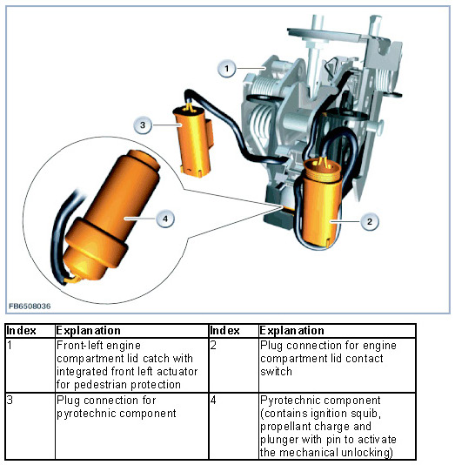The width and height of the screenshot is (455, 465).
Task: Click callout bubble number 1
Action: [227, 69]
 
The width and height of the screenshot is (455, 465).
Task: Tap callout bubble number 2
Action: [370, 221]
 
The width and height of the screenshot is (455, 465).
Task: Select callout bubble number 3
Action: [143, 125]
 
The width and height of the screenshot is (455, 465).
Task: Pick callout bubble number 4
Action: [165, 219]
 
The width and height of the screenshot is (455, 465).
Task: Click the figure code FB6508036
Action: [30, 306]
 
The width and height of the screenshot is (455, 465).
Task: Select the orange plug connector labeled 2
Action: [321, 203]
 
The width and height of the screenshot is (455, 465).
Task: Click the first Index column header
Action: [22, 330]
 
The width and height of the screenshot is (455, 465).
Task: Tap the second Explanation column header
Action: [291, 330]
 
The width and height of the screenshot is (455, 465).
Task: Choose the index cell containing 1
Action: [30, 365]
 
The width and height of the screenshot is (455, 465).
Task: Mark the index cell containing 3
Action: [30, 426]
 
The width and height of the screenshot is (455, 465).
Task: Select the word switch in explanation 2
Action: [276, 372]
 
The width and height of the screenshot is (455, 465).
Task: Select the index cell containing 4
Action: [234, 426]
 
